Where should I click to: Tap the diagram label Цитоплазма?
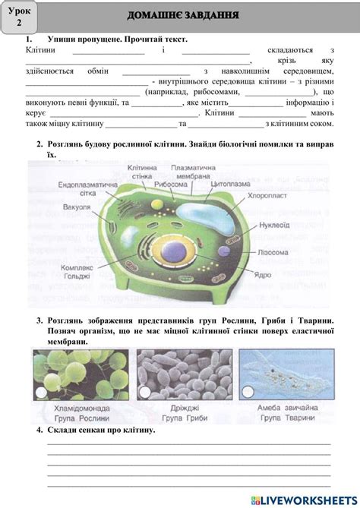pos(230,184)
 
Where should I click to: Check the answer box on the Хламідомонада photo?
pos(39,393)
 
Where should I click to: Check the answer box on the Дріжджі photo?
pos(143,393)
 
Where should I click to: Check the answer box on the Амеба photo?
pos(247,393)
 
